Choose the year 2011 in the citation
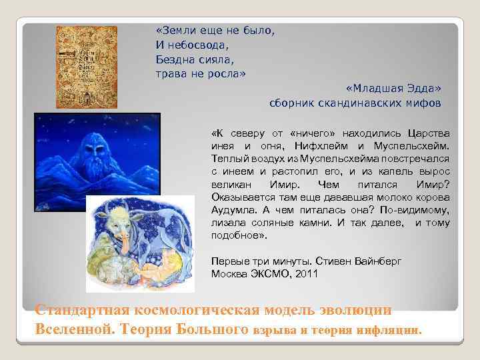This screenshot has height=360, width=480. pos(305,274)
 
